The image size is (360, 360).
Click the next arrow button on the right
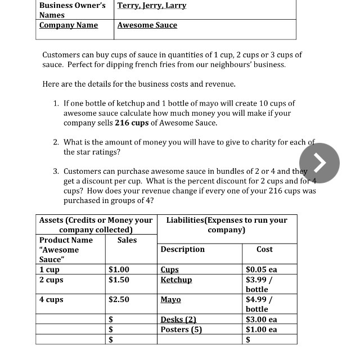pyautogui.click(x=319, y=163)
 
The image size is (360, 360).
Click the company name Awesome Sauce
pyautogui.click(x=147, y=25)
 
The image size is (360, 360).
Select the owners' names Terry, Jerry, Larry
pyautogui.click(x=152, y=6)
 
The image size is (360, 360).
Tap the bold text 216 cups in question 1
pyautogui.click(x=133, y=123)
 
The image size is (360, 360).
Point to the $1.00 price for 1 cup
pyautogui.click(x=119, y=270)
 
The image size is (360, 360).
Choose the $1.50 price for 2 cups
pyautogui.click(x=119, y=280)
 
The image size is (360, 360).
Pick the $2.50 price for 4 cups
pyautogui.click(x=119, y=299)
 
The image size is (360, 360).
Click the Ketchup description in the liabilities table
pyautogui.click(x=176, y=280)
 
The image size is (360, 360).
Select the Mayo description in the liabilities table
pyautogui.click(x=170, y=299)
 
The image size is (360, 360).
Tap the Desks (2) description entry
pyautogui.click(x=178, y=319)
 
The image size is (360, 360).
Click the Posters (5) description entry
pyautogui.click(x=181, y=330)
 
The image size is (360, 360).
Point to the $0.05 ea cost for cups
pyautogui.click(x=262, y=270)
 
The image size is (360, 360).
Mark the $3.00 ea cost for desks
pyautogui.click(x=262, y=319)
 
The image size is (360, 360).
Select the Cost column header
pyautogui.click(x=264, y=249)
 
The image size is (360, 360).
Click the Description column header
pyautogui.click(x=182, y=249)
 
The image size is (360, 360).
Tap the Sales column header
pyautogui.click(x=127, y=240)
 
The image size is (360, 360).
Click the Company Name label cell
pyautogui.click(x=69, y=25)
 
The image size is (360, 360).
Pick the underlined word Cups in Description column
pyautogui.click(x=169, y=270)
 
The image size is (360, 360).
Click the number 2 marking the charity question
pyautogui.click(x=56, y=142)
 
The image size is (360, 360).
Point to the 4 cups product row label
pyautogui.click(x=51, y=299)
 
